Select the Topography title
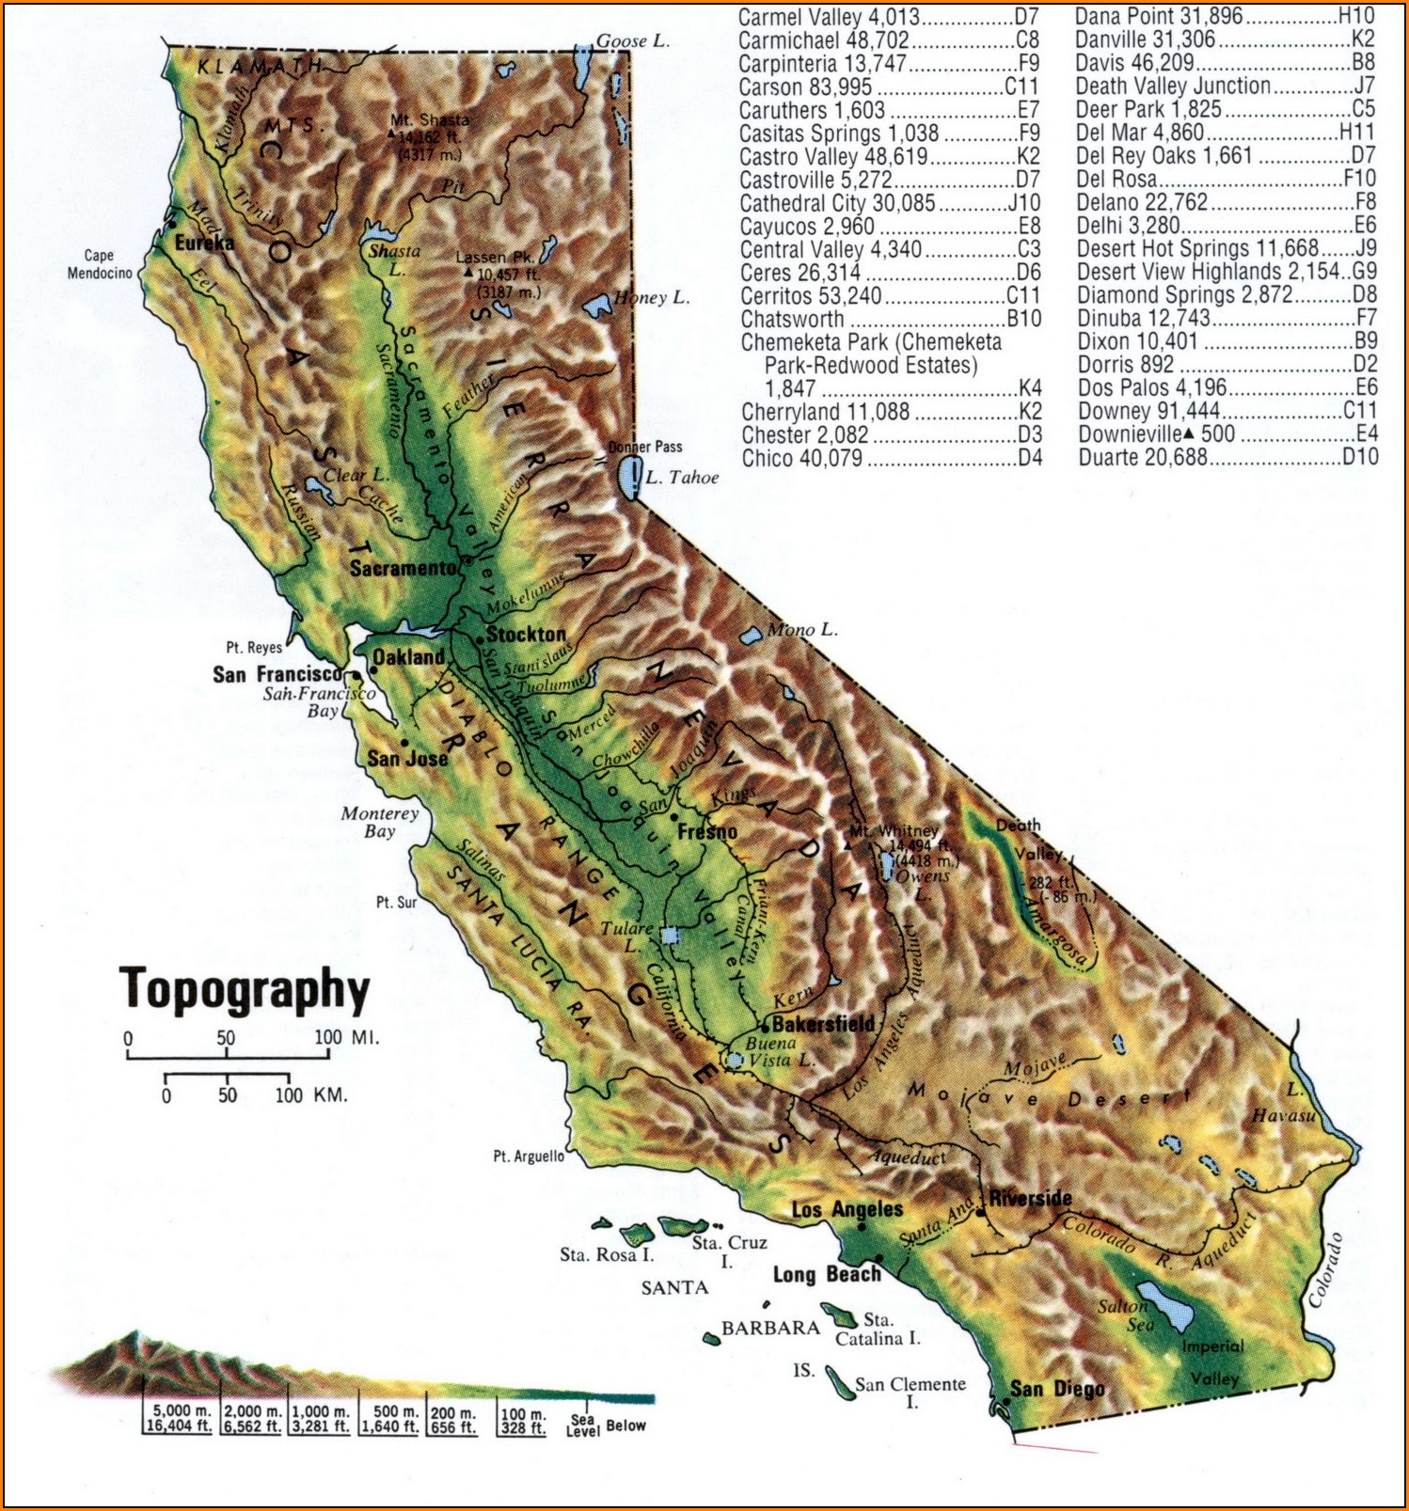[245, 990]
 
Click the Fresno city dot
[674, 818]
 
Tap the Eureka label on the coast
[204, 243]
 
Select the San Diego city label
[1057, 1389]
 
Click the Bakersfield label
[823, 1024]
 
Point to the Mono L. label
[802, 630]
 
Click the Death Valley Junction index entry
[1224, 86]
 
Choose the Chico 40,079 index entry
[890, 459]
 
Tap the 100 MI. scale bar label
[346, 1038]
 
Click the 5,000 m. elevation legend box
[180, 1419]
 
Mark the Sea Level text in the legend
[582, 1425]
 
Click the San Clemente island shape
[839, 1382]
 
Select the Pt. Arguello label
[529, 1157]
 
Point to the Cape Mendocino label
[100, 264]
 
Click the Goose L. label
[633, 40]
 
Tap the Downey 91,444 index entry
[1227, 411]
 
